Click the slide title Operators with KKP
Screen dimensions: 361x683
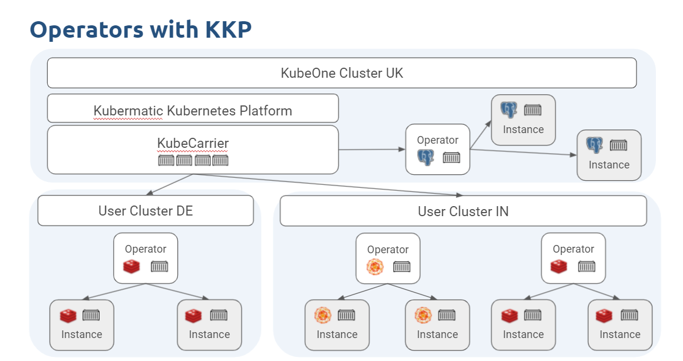[140, 29]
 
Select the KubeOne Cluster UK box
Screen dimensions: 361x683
[342, 73]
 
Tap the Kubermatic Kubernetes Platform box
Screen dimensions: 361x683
[193, 110]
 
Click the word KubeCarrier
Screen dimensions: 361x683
[193, 143]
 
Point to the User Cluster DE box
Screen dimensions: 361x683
[146, 211]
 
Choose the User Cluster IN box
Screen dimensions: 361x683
[463, 211]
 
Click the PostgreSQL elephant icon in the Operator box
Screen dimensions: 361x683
[425, 157]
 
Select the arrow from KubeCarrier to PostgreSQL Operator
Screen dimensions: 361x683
[372, 150]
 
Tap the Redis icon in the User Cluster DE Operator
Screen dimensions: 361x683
[131, 267]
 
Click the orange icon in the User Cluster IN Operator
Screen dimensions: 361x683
[375, 267]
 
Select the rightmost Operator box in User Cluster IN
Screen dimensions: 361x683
[573, 258]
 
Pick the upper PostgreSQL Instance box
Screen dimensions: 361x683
[523, 120]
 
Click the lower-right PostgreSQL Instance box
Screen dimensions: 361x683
[609, 155]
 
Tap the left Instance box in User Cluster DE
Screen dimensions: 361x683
[81, 325]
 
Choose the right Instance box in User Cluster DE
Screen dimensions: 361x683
[209, 325]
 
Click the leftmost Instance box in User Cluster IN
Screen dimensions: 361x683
[337, 325]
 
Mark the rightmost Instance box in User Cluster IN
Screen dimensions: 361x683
[620, 325]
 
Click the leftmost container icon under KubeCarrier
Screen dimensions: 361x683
[166, 160]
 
